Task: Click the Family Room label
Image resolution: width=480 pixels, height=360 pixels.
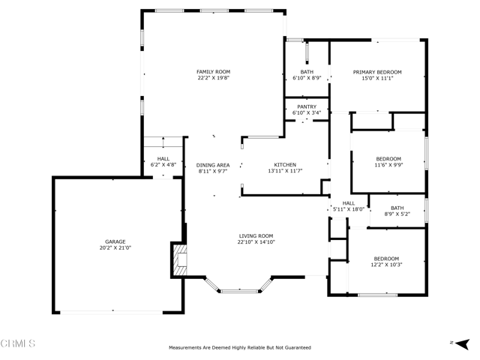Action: point(213,72)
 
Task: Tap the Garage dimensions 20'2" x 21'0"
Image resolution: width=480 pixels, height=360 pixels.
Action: point(115,248)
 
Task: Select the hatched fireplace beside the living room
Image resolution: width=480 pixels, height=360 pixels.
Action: point(180,260)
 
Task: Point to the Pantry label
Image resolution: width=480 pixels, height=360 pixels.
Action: point(307,106)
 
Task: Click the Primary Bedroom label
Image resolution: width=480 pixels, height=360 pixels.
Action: point(377,72)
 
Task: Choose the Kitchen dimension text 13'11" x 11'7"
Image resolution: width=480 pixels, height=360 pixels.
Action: point(285,171)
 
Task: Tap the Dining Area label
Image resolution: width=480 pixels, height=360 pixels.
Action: point(213,165)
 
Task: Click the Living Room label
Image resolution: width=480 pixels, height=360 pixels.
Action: point(256,236)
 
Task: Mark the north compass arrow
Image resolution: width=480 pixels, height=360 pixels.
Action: point(463,343)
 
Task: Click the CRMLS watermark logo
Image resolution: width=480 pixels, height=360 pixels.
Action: point(18,343)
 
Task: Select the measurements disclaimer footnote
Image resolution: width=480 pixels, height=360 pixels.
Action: point(240,348)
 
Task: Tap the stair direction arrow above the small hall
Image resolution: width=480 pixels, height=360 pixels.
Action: point(163,142)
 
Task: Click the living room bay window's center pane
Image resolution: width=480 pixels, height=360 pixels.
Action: point(240,291)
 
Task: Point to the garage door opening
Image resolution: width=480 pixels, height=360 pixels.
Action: point(112,312)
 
